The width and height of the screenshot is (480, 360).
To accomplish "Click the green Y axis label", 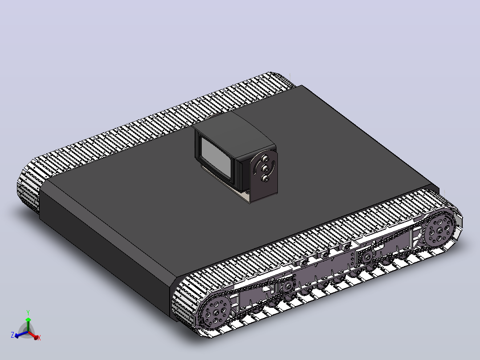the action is [x=28, y=313].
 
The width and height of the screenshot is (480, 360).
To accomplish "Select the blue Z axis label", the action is [x=12, y=335].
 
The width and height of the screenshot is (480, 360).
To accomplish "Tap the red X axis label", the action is [x=39, y=338].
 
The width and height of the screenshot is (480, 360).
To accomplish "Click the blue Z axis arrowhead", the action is [x=17, y=335].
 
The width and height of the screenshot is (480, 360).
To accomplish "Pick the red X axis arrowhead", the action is [x=37, y=337].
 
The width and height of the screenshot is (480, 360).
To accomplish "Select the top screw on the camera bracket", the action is [x=264, y=159].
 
